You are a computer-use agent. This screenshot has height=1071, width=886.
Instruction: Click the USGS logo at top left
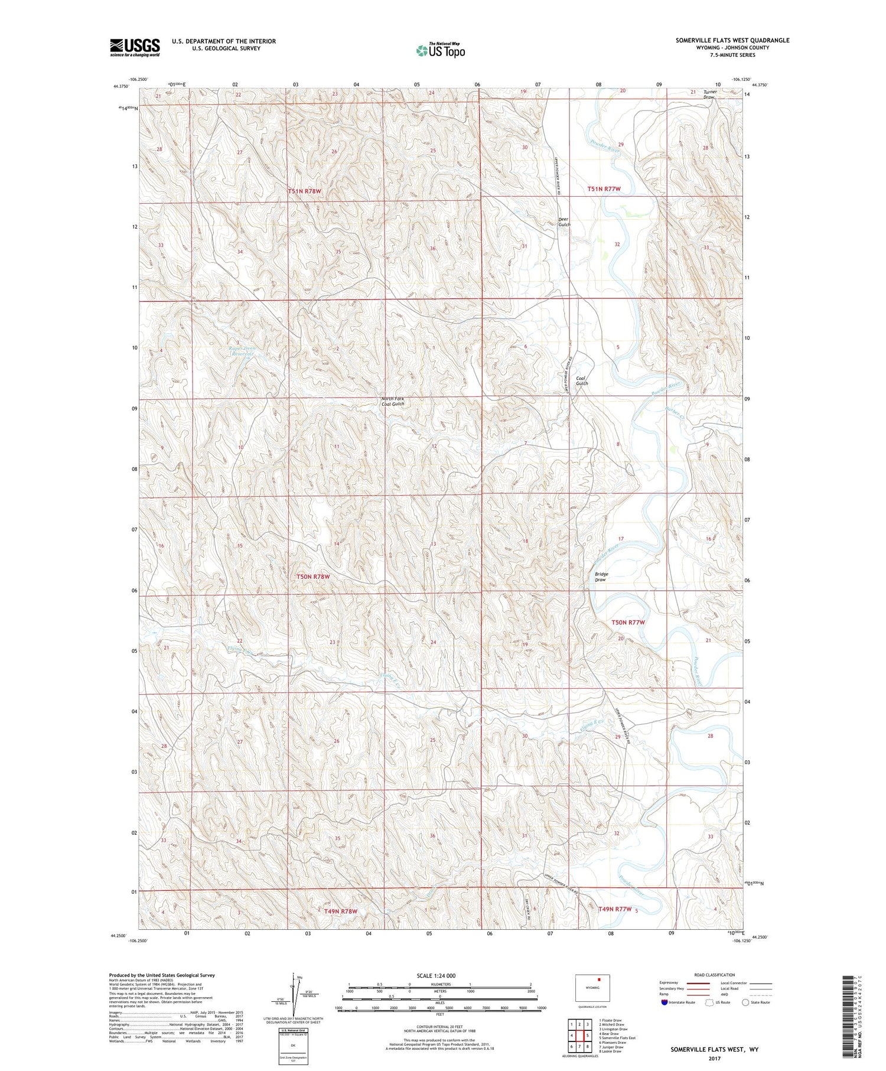click(x=135, y=47)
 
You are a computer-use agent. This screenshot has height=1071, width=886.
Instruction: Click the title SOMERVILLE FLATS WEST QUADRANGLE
click(x=732, y=40)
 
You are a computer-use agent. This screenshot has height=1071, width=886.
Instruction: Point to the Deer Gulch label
click(x=564, y=222)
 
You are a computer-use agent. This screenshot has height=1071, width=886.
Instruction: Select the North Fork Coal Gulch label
click(x=393, y=401)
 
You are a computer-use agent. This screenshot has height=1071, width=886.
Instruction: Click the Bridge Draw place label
click(x=601, y=577)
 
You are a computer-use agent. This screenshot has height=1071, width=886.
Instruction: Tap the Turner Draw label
click(x=710, y=94)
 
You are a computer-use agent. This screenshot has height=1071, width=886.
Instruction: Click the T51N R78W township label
click(x=305, y=191)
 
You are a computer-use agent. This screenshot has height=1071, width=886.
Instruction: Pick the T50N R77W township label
click(x=627, y=623)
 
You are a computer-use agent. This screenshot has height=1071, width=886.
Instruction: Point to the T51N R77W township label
click(x=604, y=189)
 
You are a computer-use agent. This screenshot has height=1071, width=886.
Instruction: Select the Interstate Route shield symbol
click(x=664, y=1002)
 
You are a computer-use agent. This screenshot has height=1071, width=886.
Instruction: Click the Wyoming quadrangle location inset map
click(x=592, y=987)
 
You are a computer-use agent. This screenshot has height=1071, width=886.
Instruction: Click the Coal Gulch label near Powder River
click(x=582, y=381)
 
